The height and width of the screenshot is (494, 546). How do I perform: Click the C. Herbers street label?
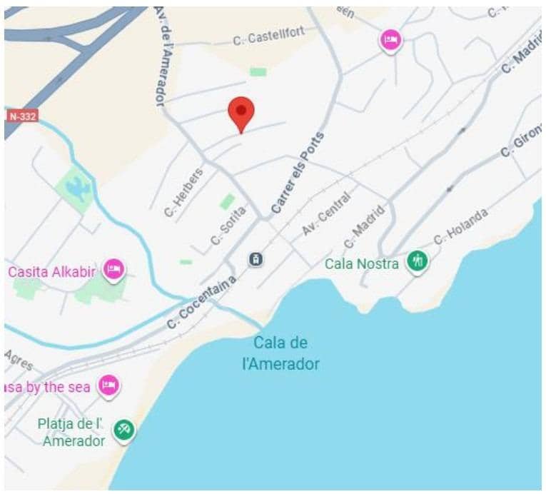click(x=183, y=191)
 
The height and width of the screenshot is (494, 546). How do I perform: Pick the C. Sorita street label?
click(x=228, y=226)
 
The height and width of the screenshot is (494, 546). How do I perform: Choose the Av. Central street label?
click(x=326, y=213)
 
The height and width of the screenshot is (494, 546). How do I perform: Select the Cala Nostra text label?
click(x=361, y=264)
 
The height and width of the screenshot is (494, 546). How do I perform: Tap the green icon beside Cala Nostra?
click(x=418, y=262)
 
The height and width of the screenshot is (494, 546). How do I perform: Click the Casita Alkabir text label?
click(x=51, y=271)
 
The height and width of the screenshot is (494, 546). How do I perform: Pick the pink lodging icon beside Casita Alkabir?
click(x=113, y=270)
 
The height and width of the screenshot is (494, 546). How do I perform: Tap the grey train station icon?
click(x=256, y=259)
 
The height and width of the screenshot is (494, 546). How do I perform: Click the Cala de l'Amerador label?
click(x=280, y=353)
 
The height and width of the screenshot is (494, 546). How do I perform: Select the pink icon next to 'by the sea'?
click(x=108, y=385)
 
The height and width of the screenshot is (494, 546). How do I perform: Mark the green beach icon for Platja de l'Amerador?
click(x=124, y=430)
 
